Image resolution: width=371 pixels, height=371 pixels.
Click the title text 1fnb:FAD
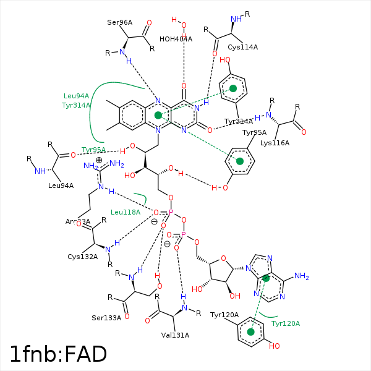59,354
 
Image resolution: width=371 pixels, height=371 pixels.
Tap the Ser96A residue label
120,23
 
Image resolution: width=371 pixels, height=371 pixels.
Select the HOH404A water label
176,39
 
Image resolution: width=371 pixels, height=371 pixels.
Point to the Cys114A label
242,47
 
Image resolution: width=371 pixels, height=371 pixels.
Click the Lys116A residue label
275,143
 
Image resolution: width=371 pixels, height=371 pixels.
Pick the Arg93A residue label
78,221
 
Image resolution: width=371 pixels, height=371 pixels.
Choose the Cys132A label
83,257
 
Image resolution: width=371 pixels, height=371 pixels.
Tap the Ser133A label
107,318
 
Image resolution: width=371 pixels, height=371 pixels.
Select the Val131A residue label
174,335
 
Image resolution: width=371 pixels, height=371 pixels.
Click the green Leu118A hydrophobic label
126,212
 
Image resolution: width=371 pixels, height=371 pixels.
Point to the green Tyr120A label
286,323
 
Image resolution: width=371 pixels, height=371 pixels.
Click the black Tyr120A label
224,315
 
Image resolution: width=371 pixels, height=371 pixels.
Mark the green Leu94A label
77,96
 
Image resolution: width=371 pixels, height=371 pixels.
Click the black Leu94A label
61,185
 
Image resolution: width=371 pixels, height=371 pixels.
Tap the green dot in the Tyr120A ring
250,332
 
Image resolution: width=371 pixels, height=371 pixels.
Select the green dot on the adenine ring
266,279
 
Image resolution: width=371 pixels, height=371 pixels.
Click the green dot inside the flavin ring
158,115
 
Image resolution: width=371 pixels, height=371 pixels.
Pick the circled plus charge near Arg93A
98,160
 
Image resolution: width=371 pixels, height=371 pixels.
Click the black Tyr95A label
254,132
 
